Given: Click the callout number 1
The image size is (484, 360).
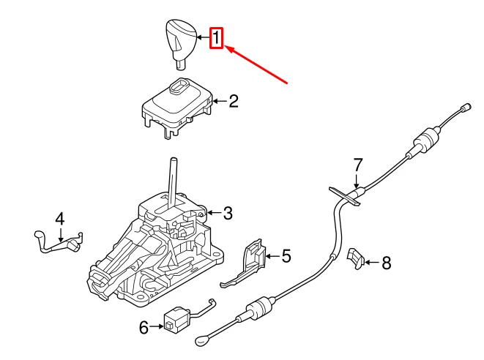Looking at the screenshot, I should click(x=216, y=38).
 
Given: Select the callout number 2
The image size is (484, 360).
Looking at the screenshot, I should click(x=234, y=102).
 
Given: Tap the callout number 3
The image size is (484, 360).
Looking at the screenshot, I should click(x=228, y=214).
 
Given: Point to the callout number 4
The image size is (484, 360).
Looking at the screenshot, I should click(x=60, y=218).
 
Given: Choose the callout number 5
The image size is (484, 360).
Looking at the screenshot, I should click(x=286, y=256).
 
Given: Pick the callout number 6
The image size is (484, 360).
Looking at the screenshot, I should click(x=144, y=326).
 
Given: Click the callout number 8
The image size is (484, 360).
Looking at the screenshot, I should click(x=387, y=262).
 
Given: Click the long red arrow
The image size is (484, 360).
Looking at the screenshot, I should click(x=260, y=65).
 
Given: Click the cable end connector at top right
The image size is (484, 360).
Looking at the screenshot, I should click(x=463, y=110).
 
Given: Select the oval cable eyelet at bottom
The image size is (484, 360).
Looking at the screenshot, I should click(x=204, y=340).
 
